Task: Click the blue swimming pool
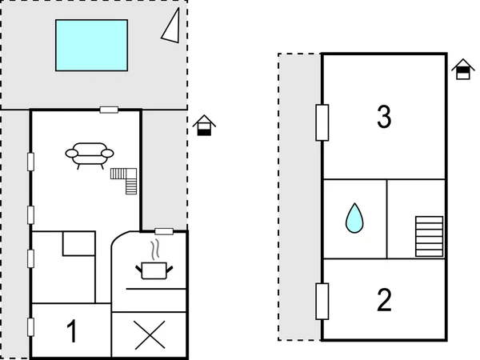point(91,45)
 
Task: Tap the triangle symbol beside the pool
point(170,26)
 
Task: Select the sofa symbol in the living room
point(90,153)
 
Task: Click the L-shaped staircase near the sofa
point(126,179)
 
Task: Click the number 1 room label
point(72,332)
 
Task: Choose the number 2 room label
point(384,300)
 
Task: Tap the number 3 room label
point(384,118)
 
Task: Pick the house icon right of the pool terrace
point(206,126)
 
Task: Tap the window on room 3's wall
point(322,122)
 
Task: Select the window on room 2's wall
point(322,299)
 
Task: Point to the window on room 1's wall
point(31,328)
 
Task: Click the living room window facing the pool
point(109,110)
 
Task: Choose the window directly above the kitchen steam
point(163,230)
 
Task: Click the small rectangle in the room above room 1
point(78,243)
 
